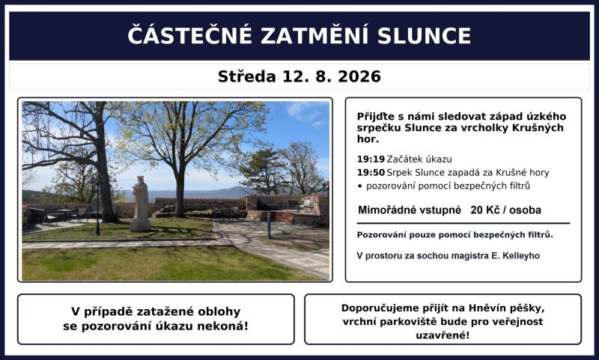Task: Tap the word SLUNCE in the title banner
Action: (x=424, y=35)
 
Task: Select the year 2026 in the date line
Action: (x=359, y=77)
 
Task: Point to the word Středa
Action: (x=247, y=76)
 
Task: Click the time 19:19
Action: (x=371, y=159)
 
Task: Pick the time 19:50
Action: (x=371, y=173)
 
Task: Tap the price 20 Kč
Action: (x=484, y=210)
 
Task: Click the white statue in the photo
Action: (x=141, y=204)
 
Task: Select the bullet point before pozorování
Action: (x=359, y=186)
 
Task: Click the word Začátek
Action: (x=404, y=159)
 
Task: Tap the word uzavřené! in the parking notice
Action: (x=443, y=335)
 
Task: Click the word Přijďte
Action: (x=373, y=117)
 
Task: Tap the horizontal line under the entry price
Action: (x=463, y=223)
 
